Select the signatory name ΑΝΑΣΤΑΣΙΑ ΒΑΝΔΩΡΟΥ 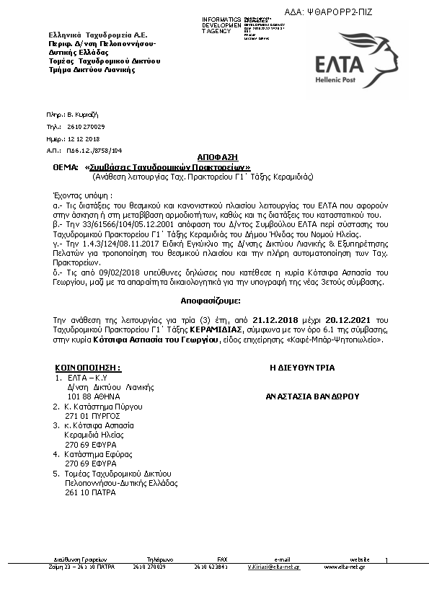click(x=312, y=396)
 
